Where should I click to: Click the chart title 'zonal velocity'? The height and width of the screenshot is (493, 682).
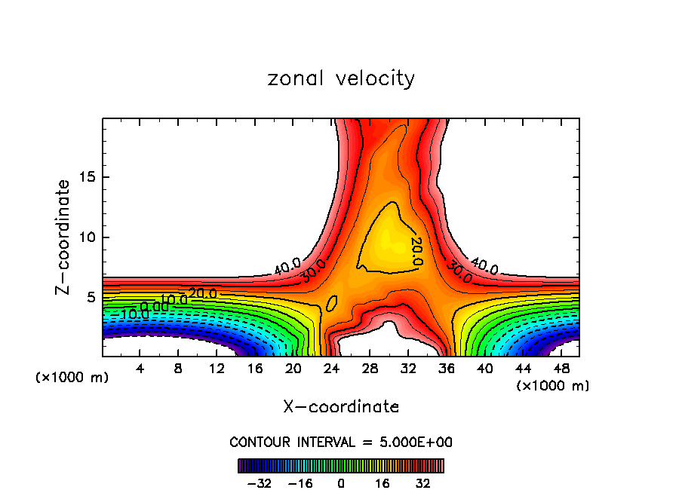tap(341, 78)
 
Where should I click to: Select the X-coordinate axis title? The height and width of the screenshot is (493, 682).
tap(341, 407)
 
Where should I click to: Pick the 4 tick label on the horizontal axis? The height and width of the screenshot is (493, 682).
tap(140, 369)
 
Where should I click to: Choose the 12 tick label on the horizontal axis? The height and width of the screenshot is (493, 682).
tap(217, 369)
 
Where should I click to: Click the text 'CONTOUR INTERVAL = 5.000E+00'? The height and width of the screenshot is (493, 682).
tap(341, 442)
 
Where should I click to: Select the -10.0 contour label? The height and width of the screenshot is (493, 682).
tap(125, 314)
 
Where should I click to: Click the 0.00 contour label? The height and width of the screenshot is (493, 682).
tap(154, 307)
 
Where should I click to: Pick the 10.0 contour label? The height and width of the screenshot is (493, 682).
tap(174, 300)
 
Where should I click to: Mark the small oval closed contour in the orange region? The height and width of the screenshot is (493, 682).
tap(331, 303)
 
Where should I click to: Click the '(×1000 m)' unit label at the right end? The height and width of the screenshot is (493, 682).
tap(553, 386)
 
